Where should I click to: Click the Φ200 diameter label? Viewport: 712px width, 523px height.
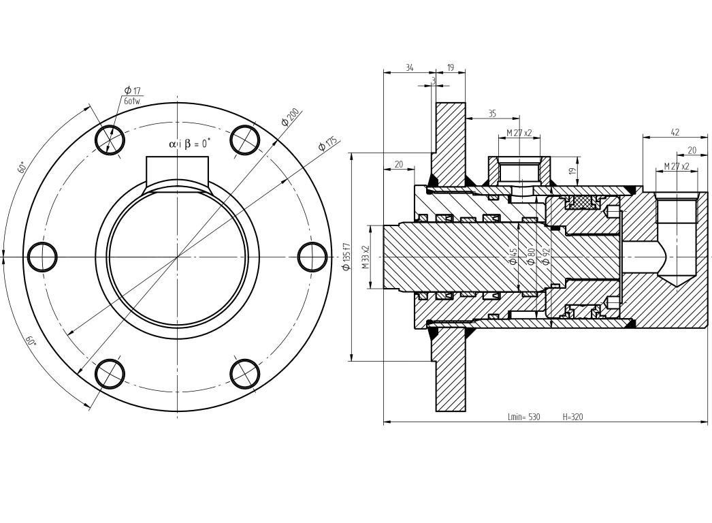tap(291, 116)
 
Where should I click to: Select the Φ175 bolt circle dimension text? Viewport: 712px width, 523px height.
tap(328, 144)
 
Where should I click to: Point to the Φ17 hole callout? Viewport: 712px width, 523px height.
tap(132, 91)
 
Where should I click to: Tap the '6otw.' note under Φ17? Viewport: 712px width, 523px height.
tap(133, 101)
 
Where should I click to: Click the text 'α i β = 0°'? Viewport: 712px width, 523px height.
tap(189, 144)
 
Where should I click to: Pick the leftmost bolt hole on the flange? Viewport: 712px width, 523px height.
tap(42, 257)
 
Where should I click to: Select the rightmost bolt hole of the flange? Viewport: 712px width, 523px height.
tap(312, 257)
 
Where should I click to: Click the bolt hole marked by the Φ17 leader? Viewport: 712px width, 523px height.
tap(110, 140)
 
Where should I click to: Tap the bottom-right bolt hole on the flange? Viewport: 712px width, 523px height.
tap(245, 373)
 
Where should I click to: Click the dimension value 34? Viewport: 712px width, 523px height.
tap(409, 68)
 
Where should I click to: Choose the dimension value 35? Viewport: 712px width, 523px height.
tap(492, 114)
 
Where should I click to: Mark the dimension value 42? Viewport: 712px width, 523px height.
tap(675, 133)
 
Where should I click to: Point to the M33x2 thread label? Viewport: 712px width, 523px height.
tap(366, 257)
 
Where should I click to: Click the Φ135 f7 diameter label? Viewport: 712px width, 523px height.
tap(346, 257)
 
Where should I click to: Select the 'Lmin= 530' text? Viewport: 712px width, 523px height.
tap(523, 417)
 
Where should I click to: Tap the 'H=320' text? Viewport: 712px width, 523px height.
tap(572, 417)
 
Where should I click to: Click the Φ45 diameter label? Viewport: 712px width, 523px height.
tap(513, 257)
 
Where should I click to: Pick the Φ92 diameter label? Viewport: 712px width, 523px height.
tap(545, 257)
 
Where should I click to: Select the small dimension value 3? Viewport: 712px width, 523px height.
tap(433, 80)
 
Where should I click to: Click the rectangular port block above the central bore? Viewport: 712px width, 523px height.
tap(177, 170)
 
